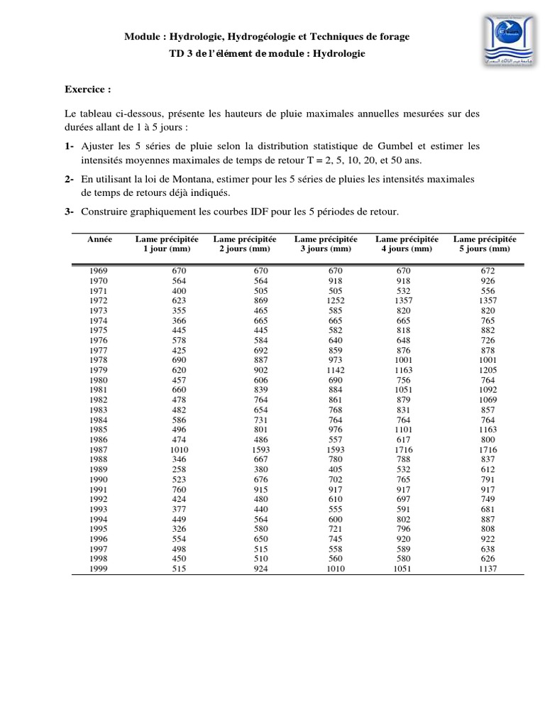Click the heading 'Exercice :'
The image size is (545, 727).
(88, 90)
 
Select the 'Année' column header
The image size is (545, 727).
(99, 240)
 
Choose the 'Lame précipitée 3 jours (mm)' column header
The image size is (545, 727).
(326, 244)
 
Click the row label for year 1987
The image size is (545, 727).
(99, 450)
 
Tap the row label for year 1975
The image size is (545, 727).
(99, 330)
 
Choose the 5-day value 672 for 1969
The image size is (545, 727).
(488, 271)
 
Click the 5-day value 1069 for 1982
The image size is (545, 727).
(488, 400)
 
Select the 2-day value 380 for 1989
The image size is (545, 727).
(262, 470)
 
